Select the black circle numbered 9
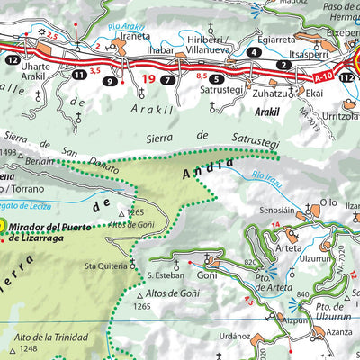click(110, 82)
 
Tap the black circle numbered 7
click(168, 82)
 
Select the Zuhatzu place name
click(276, 92)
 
